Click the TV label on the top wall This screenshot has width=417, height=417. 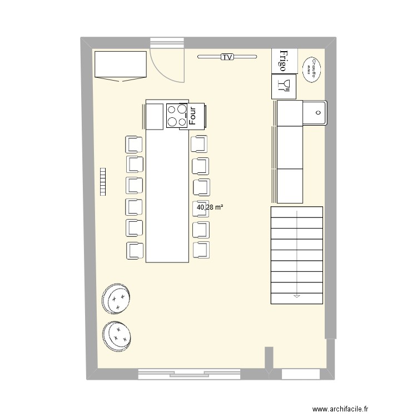tap(227, 57)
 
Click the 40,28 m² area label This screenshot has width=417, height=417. tap(210, 207)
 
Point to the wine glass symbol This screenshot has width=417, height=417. tap(284, 85)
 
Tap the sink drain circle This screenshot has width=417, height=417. tap(317, 112)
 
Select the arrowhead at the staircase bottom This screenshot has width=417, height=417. tap(297, 297)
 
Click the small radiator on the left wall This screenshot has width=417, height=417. tap(102, 182)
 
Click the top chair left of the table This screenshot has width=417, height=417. tap(134, 144)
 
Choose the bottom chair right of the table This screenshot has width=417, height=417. tap(201, 250)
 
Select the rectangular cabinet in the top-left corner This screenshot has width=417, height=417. tap(120, 65)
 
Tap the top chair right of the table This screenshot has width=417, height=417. tap(198, 144)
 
